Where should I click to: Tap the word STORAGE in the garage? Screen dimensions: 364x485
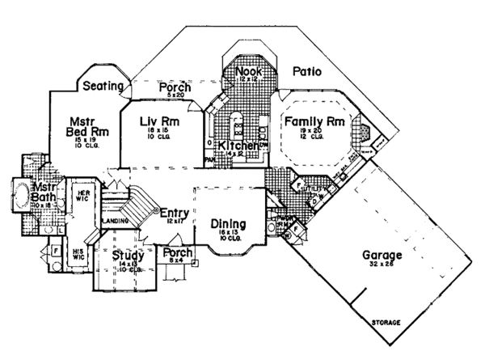click(386, 324)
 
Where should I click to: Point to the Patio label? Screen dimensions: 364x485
click(307, 72)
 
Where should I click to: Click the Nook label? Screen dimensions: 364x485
click(247, 72)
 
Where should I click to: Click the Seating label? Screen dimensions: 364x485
click(103, 86)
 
